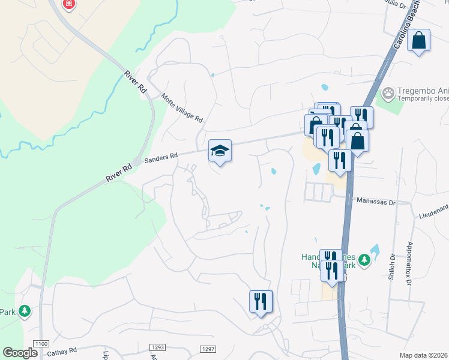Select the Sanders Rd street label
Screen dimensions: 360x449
tap(165, 156)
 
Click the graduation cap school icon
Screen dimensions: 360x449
tap(220, 151)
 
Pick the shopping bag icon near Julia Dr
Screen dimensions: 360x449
tap(419, 41)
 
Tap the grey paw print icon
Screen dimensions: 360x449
tap(389, 93)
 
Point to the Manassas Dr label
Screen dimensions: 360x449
tap(376, 202)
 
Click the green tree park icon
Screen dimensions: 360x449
tap(25, 311)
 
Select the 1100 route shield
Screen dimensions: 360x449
tap(41, 343)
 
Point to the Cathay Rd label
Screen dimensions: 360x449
tap(64, 350)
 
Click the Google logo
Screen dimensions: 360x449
tap(20, 353)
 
